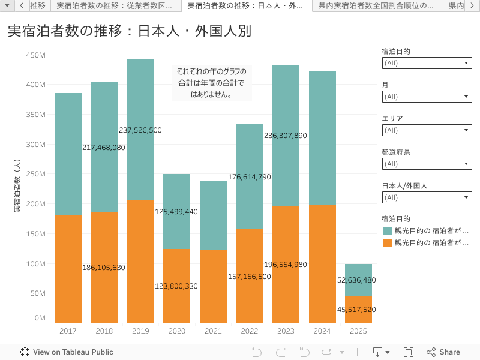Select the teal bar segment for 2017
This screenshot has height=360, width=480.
click(68, 154)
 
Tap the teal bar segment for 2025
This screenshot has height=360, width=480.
click(358, 280)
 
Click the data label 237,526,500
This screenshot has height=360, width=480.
click(140, 130)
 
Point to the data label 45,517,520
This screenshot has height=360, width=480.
click(356, 310)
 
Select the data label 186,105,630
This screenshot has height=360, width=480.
click(104, 268)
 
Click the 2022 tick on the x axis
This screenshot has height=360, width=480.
click(249, 331)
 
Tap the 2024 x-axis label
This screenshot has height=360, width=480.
click(322, 331)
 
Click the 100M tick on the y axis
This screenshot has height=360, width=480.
click(37, 264)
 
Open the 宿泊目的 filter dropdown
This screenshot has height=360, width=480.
click(427, 63)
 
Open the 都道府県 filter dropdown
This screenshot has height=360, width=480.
click(427, 164)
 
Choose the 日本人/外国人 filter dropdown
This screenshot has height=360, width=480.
click(427, 197)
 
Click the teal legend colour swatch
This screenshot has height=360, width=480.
click(387, 231)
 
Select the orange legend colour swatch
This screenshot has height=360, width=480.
click(387, 243)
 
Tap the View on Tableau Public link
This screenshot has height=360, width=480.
click(67, 352)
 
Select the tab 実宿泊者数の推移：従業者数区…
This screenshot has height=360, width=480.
click(115, 6)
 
